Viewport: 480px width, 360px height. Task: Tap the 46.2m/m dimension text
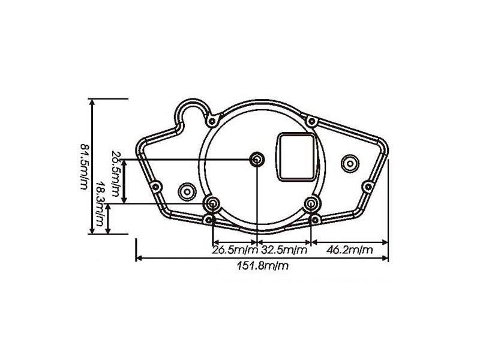349,249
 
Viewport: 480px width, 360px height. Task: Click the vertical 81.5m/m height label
83,166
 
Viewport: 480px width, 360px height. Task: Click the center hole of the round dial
257,159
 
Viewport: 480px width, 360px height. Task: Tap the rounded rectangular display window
295,155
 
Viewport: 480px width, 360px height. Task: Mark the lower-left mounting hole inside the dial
212,203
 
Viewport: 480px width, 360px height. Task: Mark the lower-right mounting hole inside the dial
311,204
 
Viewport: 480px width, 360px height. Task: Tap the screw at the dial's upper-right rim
311,121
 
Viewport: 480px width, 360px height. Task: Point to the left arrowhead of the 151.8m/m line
139,259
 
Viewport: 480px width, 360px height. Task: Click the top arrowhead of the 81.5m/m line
92,101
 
